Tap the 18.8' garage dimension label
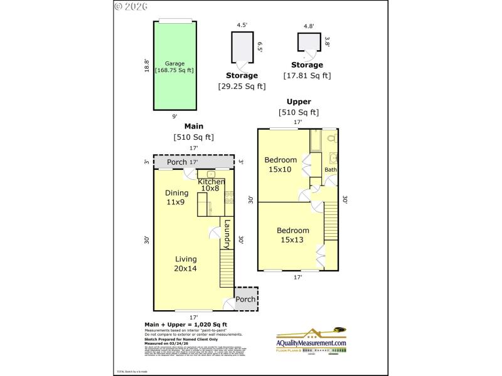coord(147,66)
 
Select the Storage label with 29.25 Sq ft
coord(242,76)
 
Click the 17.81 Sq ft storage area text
coord(308,76)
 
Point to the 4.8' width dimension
coord(309,26)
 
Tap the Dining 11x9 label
coord(176,197)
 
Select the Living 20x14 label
coord(186,264)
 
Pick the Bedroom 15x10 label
coord(280,164)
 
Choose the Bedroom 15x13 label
coord(293,235)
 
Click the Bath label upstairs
coord(331,170)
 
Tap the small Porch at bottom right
coord(245,299)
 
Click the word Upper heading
coord(299,102)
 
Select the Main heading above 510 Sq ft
coord(193,126)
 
